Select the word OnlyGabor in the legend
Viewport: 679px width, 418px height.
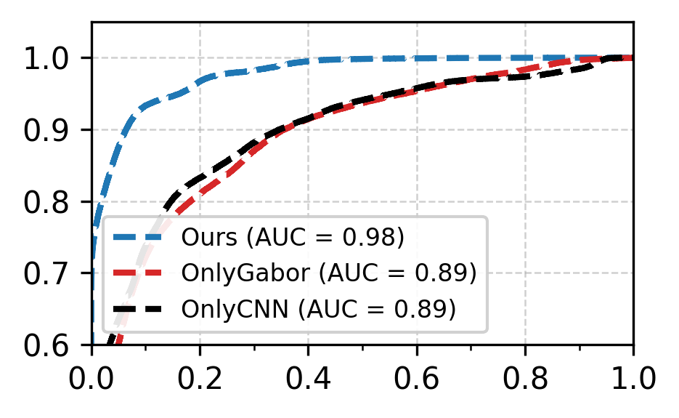230,273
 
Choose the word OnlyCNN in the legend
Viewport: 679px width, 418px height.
222,309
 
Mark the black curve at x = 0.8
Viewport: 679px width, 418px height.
525,76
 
